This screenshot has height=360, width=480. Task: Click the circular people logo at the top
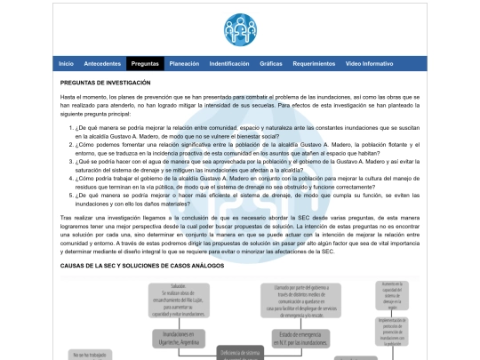click(x=239, y=29)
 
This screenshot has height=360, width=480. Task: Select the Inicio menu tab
click(x=66, y=64)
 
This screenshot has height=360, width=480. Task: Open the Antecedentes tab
click(x=102, y=64)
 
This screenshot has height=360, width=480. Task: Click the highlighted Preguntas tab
click(x=145, y=64)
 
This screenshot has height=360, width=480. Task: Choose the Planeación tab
click(x=184, y=64)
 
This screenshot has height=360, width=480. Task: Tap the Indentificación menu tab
click(x=229, y=64)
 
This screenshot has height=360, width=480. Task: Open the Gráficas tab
click(x=271, y=64)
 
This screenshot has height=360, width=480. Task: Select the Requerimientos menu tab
click(x=314, y=64)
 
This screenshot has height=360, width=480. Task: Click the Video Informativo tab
click(x=369, y=64)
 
